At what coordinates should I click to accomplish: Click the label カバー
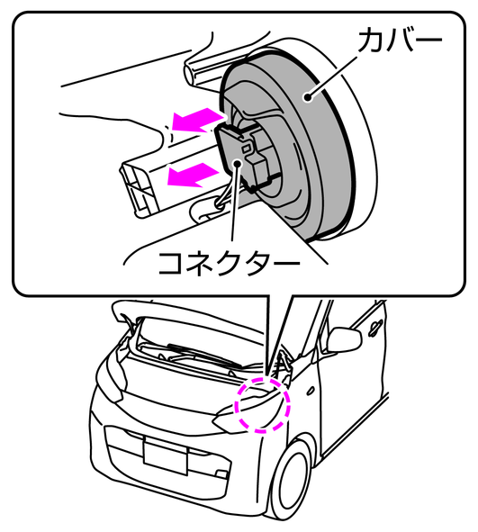[x=401, y=40]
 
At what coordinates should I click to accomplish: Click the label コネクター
[x=230, y=264]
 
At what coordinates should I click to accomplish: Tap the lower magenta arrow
[x=193, y=175]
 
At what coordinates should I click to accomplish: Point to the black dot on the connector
[x=237, y=163]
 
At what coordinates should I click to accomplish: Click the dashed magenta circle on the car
[x=264, y=405]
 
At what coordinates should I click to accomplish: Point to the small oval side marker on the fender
[x=310, y=392]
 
